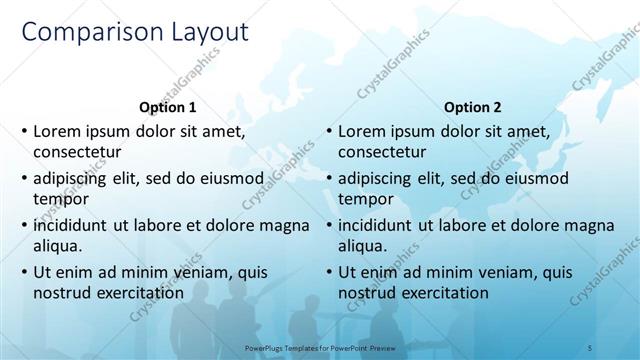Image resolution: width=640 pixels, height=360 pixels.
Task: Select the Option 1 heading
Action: pyautogui.click(x=166, y=107)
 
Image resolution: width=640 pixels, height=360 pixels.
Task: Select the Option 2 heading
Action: pyautogui.click(x=473, y=107)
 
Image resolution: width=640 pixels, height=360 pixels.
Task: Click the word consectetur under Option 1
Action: pyautogui.click(x=78, y=152)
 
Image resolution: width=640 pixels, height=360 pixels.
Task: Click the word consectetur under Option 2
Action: pyautogui.click(x=382, y=152)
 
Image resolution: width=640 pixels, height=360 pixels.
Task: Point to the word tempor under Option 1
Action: pyautogui.click(x=59, y=198)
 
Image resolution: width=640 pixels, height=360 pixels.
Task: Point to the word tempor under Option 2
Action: pyautogui.click(x=363, y=198)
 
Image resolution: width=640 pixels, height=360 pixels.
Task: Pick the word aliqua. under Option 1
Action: pyautogui.click(x=58, y=245)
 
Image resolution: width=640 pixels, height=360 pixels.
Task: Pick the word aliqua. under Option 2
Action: pyautogui.click(x=362, y=245)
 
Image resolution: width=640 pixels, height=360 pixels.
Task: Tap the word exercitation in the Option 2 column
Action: pyautogui.click(x=441, y=293)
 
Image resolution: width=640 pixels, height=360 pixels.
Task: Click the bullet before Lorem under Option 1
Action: pyautogui.click(x=24, y=131)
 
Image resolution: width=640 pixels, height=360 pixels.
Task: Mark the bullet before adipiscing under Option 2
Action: pyautogui.click(x=328, y=178)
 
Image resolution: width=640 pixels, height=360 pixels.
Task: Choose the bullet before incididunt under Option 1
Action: pyautogui.click(x=24, y=225)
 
